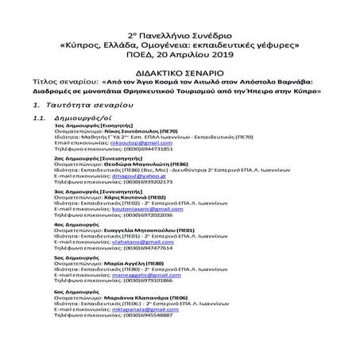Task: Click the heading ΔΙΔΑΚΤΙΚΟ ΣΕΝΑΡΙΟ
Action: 180,69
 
